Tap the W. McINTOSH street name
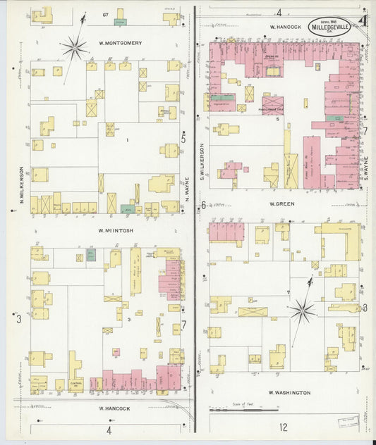(116, 230)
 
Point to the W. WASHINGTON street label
(289, 393)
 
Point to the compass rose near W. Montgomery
(74, 48)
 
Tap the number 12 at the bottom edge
(283, 427)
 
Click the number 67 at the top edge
(104, 14)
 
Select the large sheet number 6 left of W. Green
(202, 205)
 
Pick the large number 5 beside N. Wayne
(183, 139)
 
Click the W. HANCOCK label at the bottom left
(111, 408)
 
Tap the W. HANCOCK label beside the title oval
(286, 27)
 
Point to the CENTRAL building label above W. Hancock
(77, 382)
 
